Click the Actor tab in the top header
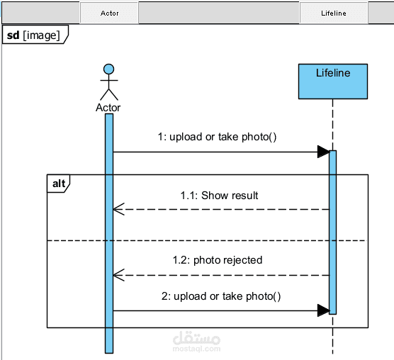[109, 13]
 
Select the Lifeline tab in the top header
[334, 13]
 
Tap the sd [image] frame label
[35, 35]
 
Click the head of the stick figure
[109, 69]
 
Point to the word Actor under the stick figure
[108, 108]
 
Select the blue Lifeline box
[333, 81]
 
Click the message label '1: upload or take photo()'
[217, 137]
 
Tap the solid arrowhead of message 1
[324, 152]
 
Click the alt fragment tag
[59, 184]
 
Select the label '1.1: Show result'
[219, 196]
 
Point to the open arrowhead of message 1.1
[118, 209]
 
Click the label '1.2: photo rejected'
[218, 260]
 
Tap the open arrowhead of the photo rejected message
[118, 276]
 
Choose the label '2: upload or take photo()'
[221, 296]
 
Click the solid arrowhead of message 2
[324, 310]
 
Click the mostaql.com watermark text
[196, 349]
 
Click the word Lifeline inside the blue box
[333, 73]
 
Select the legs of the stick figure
[109, 94]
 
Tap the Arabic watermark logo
[196, 338]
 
